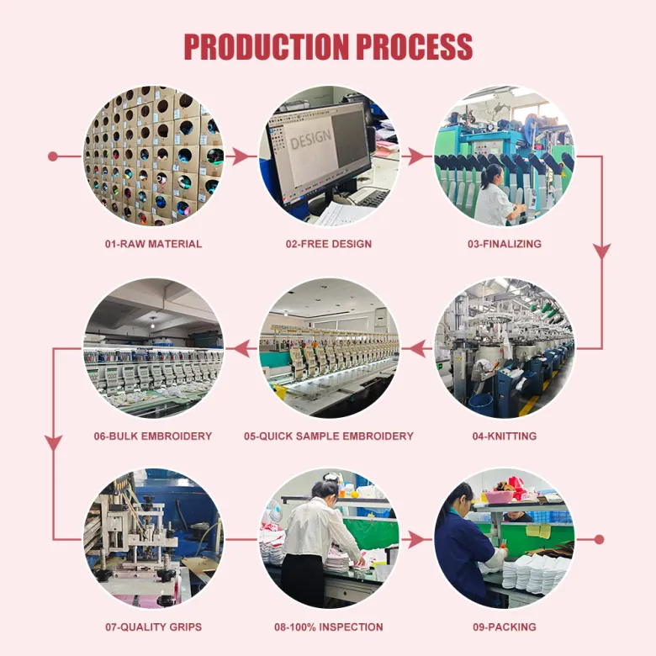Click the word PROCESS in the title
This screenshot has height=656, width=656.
(x=414, y=46)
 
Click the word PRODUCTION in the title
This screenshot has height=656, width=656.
(x=266, y=46)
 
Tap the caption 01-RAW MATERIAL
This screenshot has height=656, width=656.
(x=154, y=244)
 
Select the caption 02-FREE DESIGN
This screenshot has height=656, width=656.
(x=329, y=244)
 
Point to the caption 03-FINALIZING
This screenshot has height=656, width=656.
(x=505, y=244)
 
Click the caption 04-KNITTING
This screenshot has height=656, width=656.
(x=505, y=436)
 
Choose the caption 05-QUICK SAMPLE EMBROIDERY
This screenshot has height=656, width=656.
(x=329, y=436)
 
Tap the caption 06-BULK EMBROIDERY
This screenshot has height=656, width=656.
(x=153, y=436)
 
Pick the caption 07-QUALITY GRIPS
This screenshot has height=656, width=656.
(x=154, y=627)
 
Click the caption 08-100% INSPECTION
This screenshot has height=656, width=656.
(x=329, y=627)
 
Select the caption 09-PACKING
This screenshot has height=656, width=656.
(x=505, y=627)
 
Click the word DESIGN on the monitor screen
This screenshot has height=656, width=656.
(x=310, y=140)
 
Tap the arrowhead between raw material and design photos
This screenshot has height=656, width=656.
(x=240, y=156)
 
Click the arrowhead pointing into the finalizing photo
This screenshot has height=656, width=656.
(x=415, y=156)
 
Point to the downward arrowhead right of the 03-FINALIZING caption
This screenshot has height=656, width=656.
(x=602, y=251)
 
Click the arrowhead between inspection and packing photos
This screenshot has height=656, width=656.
(x=415, y=540)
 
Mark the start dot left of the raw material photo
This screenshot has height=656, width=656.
(x=53, y=156)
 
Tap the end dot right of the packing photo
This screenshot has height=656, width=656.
(x=599, y=540)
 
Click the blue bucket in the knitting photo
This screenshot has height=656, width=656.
(x=481, y=405)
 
